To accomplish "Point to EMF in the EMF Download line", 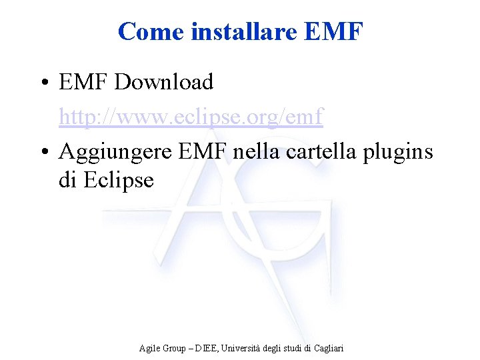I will (83, 83).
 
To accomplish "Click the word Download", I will (164, 83).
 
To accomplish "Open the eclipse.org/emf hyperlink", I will (191, 117).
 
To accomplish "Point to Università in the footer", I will (239, 348).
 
